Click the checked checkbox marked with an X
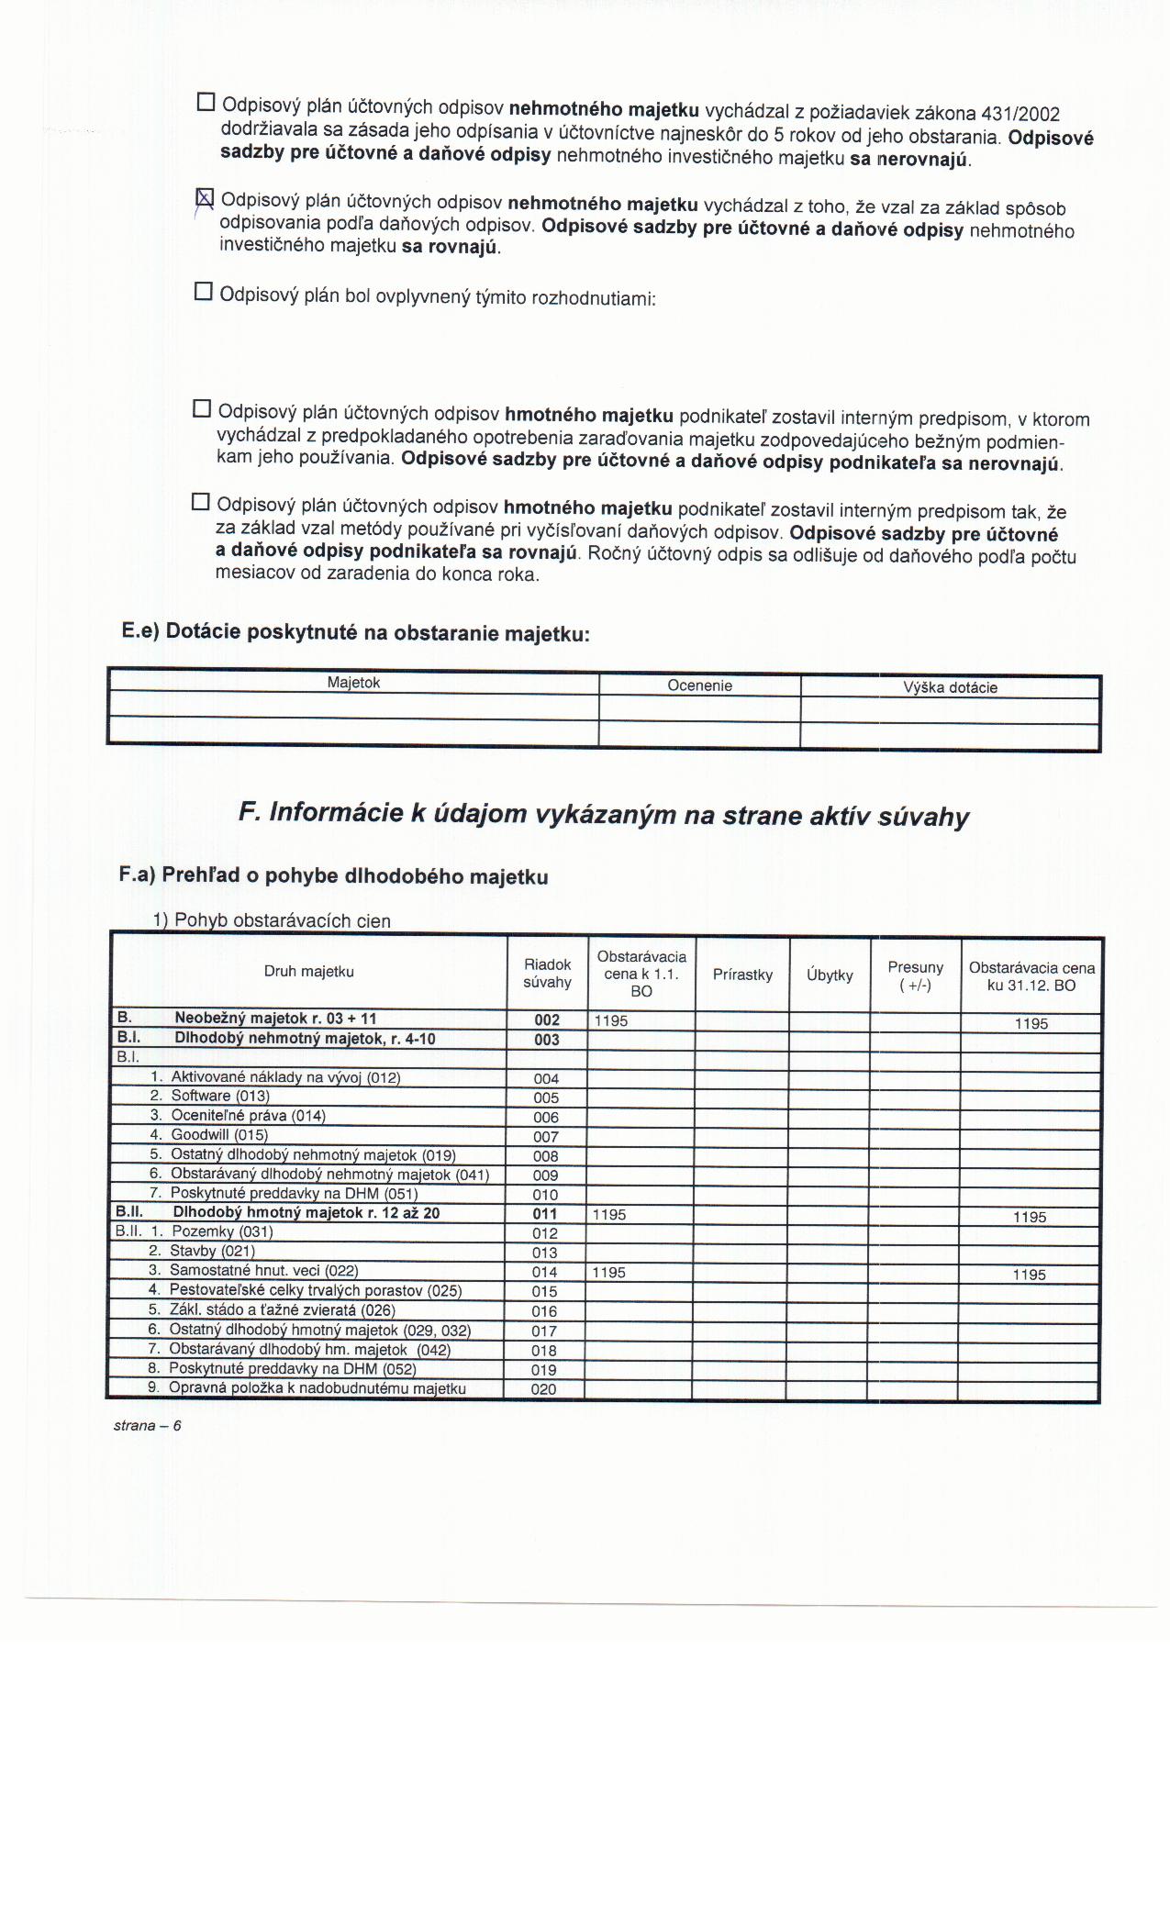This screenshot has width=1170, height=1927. tap(206, 198)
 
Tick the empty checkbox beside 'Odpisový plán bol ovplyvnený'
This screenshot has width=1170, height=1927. tap(204, 293)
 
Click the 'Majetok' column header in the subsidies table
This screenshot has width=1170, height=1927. tap(353, 683)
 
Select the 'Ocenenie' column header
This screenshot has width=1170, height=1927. tap(699, 685)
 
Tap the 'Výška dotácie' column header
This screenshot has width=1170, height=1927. tap(950, 687)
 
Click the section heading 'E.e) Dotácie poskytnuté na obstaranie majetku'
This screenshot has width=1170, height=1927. tap(355, 632)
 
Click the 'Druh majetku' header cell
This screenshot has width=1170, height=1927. tap(309, 972)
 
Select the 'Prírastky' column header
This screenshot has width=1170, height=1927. tap(742, 975)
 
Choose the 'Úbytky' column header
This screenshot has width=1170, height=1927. tap(830, 975)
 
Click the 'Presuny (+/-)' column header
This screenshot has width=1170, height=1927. tap(915, 976)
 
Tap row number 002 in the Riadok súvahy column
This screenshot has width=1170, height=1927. tap(547, 1020)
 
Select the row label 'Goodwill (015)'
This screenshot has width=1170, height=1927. tap(219, 1135)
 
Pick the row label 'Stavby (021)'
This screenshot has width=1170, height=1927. tap(212, 1251)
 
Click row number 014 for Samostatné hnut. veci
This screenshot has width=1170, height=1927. tap(545, 1272)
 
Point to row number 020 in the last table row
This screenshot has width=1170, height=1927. tap(543, 1389)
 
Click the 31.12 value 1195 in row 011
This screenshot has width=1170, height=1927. tap(1030, 1217)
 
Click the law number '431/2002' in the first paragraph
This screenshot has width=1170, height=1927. tap(1020, 115)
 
